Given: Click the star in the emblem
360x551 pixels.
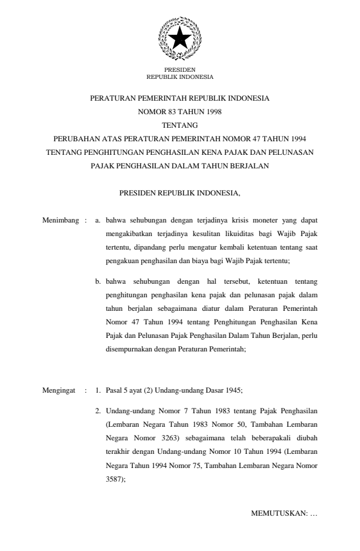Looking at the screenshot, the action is [179, 39].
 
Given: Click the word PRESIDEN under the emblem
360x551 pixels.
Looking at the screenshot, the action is [179, 70].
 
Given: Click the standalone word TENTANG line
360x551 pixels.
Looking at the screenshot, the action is [179, 125].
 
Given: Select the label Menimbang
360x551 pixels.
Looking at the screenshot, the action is [61, 221].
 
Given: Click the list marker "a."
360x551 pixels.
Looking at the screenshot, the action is [98, 221].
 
